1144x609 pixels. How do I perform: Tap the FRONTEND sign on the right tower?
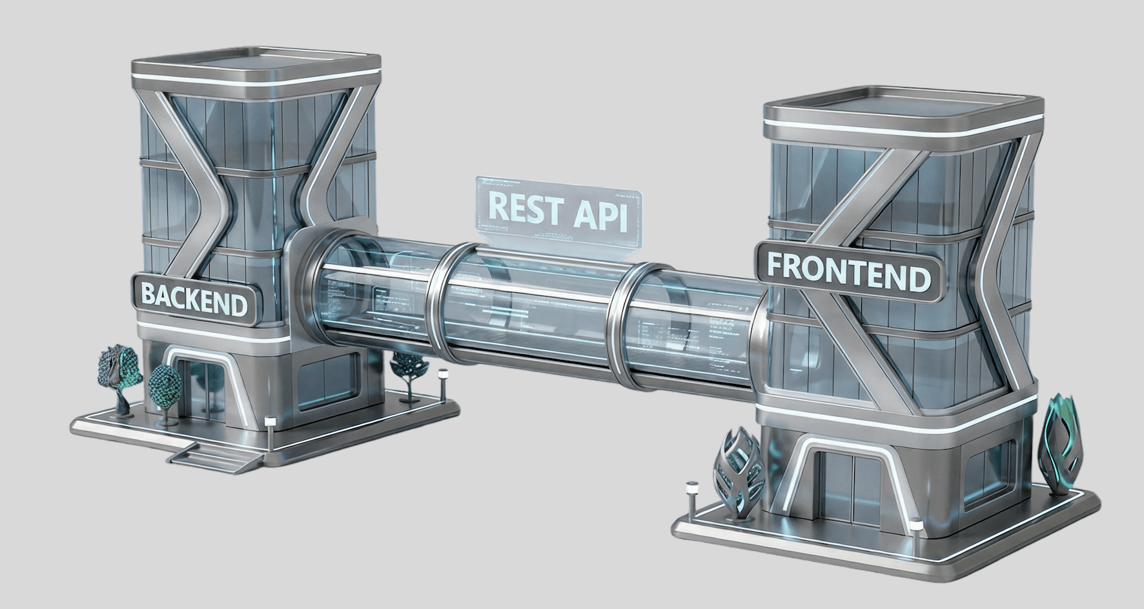point(849,272)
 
